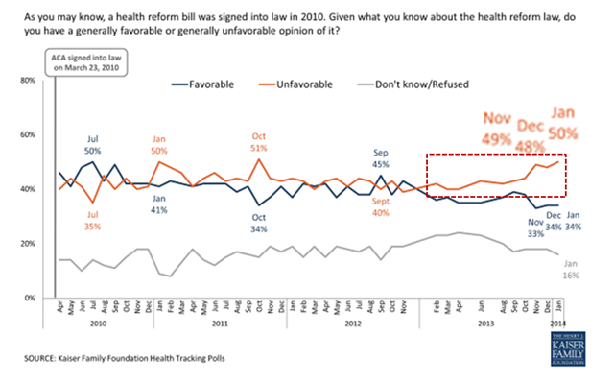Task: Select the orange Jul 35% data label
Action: click(94, 221)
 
